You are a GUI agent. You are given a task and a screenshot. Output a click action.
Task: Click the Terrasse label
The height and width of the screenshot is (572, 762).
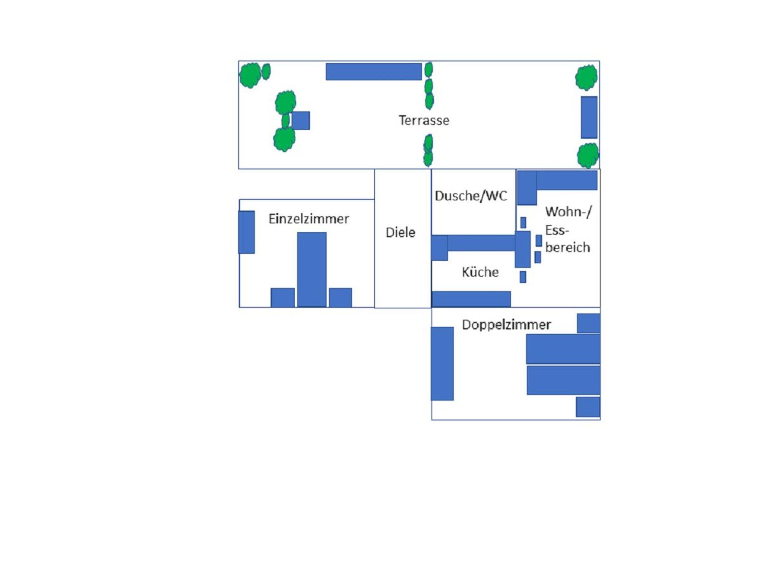424,120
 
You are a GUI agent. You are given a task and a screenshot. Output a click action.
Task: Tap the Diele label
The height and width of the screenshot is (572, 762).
400,232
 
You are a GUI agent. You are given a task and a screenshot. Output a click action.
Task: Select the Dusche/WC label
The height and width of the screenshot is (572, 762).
471,196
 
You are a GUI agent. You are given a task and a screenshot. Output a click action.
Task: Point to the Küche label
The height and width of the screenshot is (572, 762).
480,272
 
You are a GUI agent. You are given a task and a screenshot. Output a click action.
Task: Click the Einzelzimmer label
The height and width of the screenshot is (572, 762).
308,219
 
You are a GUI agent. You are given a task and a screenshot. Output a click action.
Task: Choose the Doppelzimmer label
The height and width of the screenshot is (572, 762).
506,325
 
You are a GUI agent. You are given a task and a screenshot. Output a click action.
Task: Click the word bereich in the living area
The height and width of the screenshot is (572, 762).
567,247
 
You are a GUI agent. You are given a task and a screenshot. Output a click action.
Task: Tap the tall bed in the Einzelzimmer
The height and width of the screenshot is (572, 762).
312,270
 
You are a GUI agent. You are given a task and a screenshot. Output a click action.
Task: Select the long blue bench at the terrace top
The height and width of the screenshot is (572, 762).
374,71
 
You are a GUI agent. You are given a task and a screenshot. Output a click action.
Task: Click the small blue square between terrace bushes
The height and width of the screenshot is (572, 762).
301,120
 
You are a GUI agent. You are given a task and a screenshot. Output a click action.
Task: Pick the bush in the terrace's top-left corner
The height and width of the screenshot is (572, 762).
250,75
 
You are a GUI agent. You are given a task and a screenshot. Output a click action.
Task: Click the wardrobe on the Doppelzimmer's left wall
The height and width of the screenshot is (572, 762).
442,363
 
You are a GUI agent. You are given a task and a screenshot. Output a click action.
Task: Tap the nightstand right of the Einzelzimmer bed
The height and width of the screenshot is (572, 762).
340,298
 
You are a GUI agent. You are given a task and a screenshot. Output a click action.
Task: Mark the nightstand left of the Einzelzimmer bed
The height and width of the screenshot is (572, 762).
282,298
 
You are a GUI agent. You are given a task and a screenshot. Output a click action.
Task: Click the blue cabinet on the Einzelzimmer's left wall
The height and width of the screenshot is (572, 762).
246,232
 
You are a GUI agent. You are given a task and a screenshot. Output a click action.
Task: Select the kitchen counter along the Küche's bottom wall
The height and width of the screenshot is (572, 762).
471,299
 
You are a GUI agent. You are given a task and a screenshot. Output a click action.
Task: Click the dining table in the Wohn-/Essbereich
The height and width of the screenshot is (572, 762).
522,249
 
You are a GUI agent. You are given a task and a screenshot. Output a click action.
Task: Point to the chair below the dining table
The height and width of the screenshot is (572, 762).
523,277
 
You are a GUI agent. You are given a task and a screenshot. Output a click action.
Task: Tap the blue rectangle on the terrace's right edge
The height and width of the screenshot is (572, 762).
589,117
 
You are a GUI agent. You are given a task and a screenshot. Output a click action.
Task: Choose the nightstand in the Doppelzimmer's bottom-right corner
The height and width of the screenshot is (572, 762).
588,407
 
